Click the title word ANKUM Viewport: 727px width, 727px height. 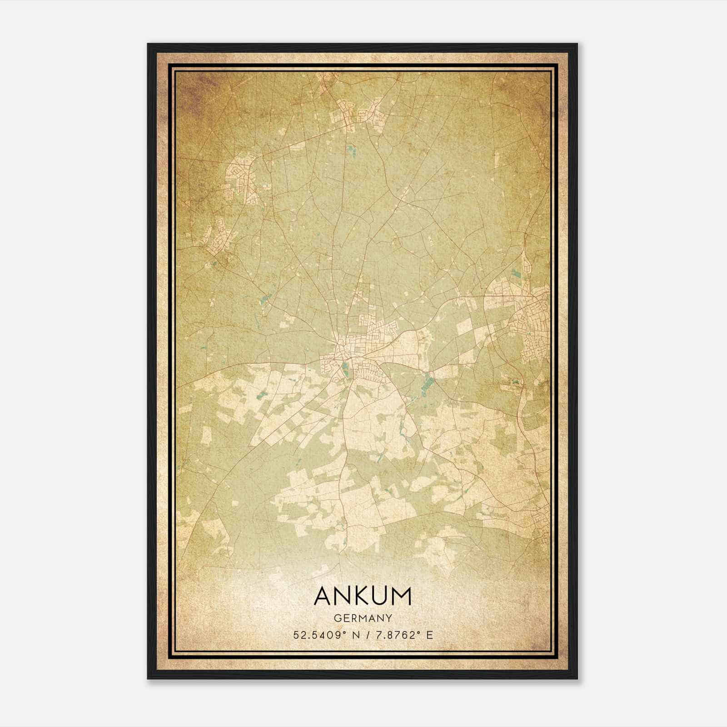(x=363, y=596)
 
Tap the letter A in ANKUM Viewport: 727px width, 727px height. (x=324, y=596)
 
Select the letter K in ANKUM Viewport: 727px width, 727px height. (x=363, y=596)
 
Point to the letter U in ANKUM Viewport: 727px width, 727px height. (x=381, y=596)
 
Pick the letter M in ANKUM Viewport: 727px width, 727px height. (x=402, y=596)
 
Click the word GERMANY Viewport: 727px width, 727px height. (x=363, y=618)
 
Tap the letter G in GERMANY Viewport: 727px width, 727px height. (x=337, y=618)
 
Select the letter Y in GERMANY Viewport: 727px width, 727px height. (x=389, y=618)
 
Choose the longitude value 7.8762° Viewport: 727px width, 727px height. (x=394, y=635)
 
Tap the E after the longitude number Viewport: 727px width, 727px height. (x=429, y=635)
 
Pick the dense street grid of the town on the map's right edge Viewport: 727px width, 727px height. (x=527, y=318)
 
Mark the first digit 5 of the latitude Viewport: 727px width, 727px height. (x=296, y=635)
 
